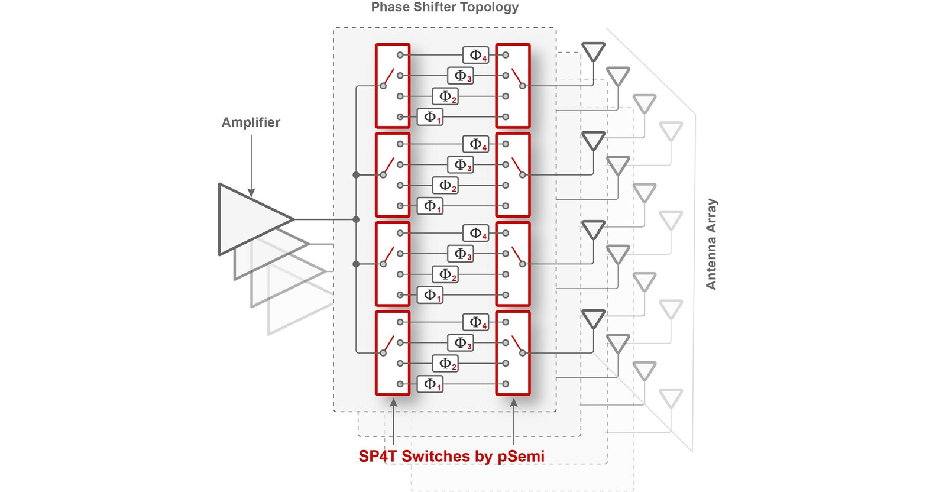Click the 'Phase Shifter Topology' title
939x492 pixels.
(x=445, y=8)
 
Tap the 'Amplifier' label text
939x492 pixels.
(x=251, y=122)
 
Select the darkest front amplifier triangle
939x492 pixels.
(x=248, y=219)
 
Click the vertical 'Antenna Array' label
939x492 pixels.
(x=711, y=244)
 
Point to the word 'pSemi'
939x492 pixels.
(x=520, y=456)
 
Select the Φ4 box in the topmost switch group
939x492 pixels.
(x=476, y=55)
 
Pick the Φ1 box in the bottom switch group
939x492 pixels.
(x=430, y=384)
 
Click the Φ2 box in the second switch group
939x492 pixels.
(x=446, y=185)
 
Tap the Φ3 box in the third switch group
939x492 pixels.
(x=461, y=254)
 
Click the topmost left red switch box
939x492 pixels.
(x=392, y=86)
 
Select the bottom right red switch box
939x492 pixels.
(x=513, y=353)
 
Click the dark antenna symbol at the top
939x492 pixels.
(x=593, y=51)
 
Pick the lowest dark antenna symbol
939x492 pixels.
(x=593, y=318)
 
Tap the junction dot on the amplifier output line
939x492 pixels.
(x=356, y=219)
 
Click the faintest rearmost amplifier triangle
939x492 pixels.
(x=296, y=307)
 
